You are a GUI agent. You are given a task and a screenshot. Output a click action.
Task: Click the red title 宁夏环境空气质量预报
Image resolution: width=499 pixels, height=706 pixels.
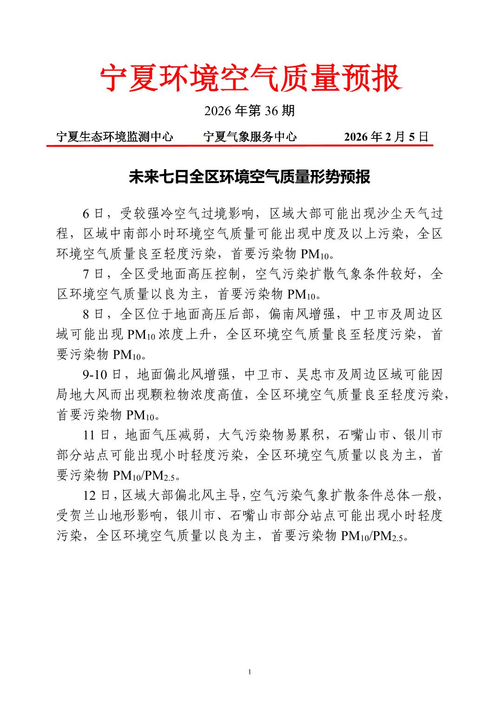pos(249,78)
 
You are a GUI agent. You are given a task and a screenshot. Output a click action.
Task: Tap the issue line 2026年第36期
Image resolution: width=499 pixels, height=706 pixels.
pos(249,111)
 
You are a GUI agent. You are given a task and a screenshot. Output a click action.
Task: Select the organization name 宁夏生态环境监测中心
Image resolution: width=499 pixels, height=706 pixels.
pos(114,137)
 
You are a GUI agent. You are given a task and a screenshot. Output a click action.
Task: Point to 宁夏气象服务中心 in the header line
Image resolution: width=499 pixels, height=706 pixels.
pos(250,137)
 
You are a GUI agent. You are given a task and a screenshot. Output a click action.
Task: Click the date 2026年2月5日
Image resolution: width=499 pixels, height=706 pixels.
pos(386,137)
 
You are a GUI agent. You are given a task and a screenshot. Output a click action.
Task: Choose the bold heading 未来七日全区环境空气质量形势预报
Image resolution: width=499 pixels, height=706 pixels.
pos(249,177)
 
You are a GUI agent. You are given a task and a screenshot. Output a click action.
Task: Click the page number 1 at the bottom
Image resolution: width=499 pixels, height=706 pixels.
pos(250,672)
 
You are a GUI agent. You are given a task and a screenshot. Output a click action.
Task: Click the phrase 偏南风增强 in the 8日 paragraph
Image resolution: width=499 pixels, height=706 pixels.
pos(302,314)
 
